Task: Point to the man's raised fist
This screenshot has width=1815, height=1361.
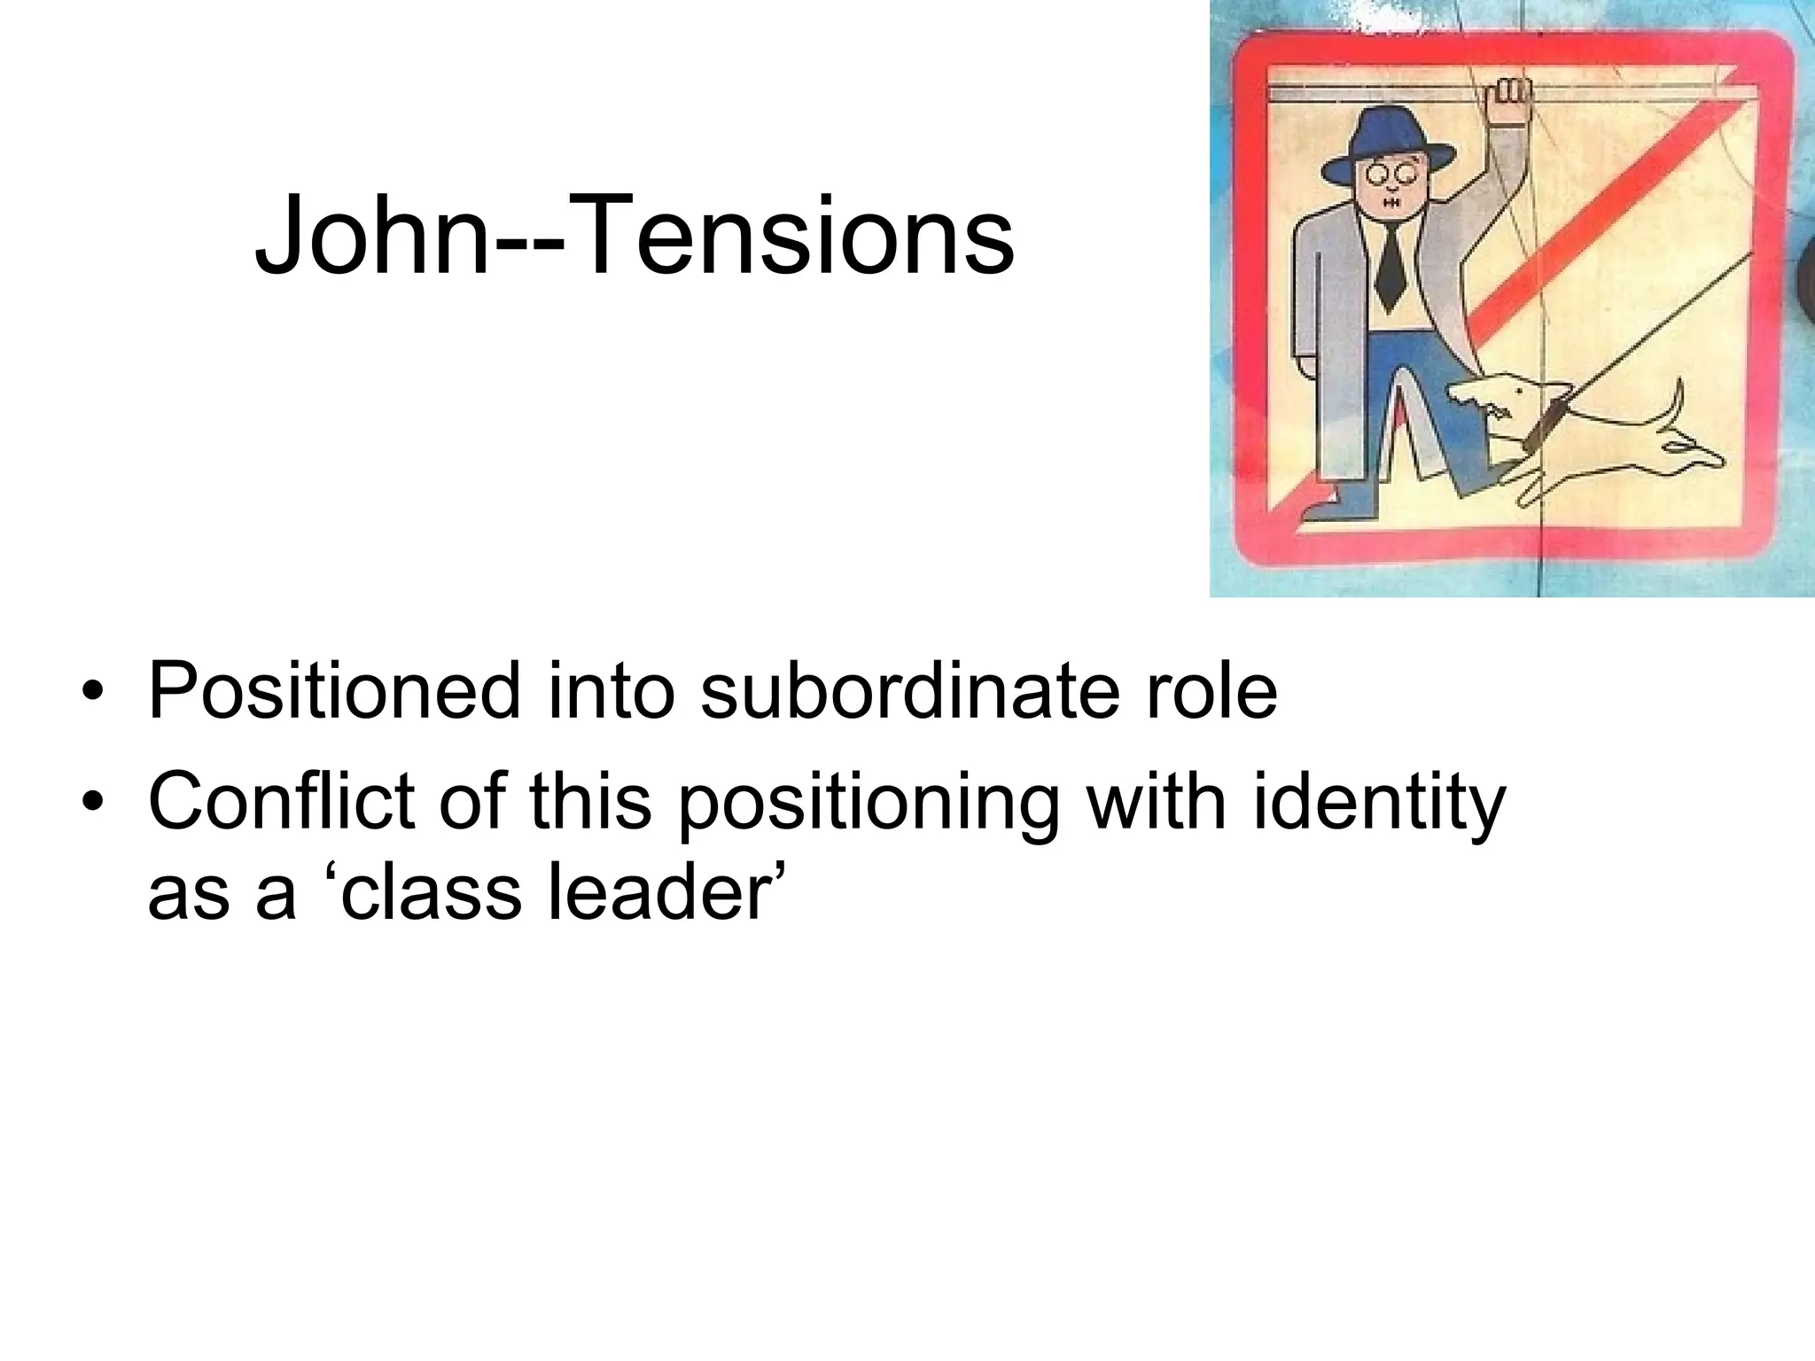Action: pos(1507,101)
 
